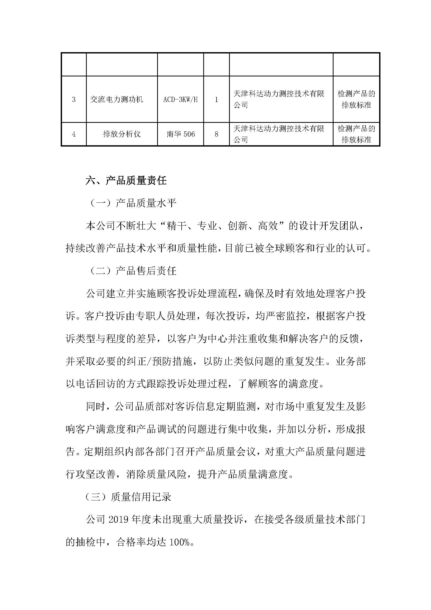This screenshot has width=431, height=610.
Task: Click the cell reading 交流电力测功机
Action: (116, 100)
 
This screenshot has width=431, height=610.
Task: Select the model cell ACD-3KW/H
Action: (181, 100)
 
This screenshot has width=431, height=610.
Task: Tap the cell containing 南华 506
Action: (181, 134)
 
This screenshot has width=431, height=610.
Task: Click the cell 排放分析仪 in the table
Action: (122, 134)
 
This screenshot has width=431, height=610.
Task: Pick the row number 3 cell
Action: (74, 100)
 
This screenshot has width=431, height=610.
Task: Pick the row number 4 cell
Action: (74, 134)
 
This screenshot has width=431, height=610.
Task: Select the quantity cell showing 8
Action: (216, 134)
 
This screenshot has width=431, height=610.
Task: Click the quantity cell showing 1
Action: (216, 100)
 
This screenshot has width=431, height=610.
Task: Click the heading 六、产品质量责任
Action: (126, 181)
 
